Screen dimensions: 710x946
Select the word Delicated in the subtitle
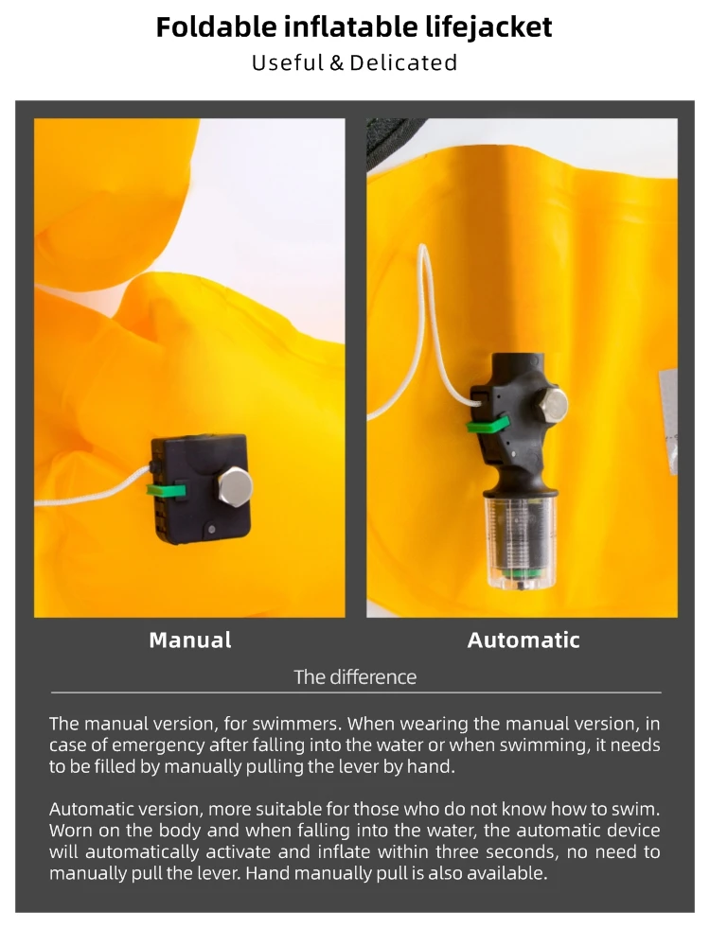[x=403, y=62]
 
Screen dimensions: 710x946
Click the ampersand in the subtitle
[x=336, y=62]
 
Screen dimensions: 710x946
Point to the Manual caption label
[x=190, y=640]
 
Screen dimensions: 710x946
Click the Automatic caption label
[x=524, y=640]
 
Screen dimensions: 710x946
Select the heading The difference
[x=355, y=677]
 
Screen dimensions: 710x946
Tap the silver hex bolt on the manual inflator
[x=235, y=485]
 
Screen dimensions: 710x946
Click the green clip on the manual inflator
[x=166, y=489]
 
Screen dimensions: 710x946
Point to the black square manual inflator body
[x=199, y=489]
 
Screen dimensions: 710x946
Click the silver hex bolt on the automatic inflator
[x=551, y=405]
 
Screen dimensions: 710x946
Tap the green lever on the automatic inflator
[x=488, y=425]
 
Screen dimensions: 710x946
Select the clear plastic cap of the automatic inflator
[x=521, y=540]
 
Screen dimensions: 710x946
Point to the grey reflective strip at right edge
[x=667, y=422]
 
